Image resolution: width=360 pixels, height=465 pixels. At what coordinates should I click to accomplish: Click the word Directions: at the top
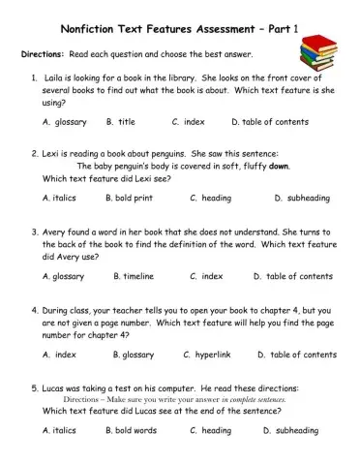click(43, 54)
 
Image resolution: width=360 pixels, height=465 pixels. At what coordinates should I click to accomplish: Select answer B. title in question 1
click(121, 122)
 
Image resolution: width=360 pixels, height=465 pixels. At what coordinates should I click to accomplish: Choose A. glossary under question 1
click(65, 122)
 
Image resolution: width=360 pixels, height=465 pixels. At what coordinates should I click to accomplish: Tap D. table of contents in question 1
click(270, 122)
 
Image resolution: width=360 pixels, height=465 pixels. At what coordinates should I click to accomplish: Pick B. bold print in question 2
click(129, 199)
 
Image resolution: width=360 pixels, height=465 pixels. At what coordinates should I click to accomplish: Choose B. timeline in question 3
click(133, 276)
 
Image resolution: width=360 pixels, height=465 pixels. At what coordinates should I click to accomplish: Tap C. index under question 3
click(206, 276)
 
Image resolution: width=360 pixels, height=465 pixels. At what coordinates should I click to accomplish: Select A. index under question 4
click(59, 355)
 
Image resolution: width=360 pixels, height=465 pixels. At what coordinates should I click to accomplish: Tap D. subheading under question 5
click(288, 431)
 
